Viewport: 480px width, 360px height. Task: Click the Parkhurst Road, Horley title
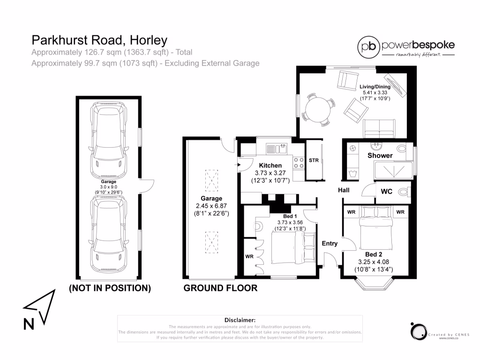pyautogui.click(x=99, y=40)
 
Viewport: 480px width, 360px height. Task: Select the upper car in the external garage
pyautogui.click(x=109, y=139)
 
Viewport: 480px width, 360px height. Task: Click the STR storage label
pyautogui.click(x=314, y=160)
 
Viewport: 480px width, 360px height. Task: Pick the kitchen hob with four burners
pyautogui.click(x=298, y=162)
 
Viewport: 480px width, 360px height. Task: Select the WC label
pyautogui.click(x=387, y=192)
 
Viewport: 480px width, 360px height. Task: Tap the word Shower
pyautogui.click(x=380, y=155)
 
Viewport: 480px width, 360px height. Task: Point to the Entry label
pyautogui.click(x=330, y=243)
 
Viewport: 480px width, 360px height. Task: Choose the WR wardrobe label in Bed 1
pyautogui.click(x=249, y=256)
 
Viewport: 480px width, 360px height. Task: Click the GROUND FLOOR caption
pyautogui.click(x=220, y=288)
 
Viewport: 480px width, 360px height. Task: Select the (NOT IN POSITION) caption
pyautogui.click(x=110, y=288)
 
